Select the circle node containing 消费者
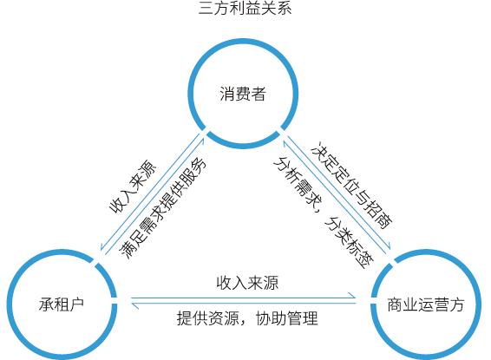(242, 92)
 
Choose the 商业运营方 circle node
(426, 304)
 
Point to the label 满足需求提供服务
(162, 207)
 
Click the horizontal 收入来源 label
(247, 283)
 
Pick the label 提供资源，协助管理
(246, 317)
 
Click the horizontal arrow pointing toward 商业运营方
(244, 296)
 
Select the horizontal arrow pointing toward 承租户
(244, 303)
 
